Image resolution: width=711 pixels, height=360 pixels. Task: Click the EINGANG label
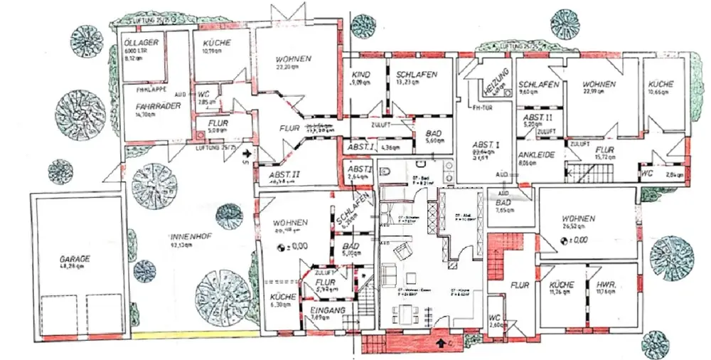328,311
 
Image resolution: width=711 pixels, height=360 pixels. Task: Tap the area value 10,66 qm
661,92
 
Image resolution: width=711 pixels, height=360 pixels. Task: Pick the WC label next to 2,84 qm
646,172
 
